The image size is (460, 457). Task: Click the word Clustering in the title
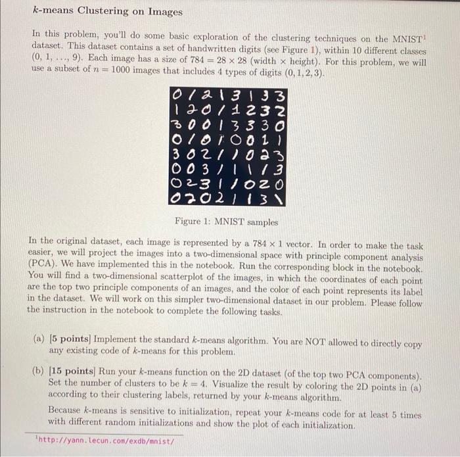click(103, 12)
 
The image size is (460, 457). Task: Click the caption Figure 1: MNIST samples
click(228, 222)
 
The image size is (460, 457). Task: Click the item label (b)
click(39, 372)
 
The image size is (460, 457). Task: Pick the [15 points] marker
click(72, 372)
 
